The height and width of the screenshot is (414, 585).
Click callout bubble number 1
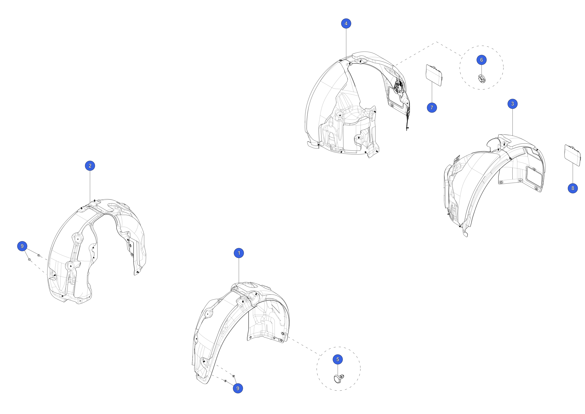coord(239,253)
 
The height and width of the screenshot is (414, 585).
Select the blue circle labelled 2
coord(90,166)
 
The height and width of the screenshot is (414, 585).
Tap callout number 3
coord(512,104)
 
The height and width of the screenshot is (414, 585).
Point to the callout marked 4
coord(346,23)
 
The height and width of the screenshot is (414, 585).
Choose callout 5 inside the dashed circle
coord(338,359)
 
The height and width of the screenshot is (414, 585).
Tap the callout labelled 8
coord(573,188)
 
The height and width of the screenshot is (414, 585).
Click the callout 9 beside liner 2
coord(22,246)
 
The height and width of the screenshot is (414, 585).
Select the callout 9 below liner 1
coord(238,388)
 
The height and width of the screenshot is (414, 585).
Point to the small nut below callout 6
coord(482,78)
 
